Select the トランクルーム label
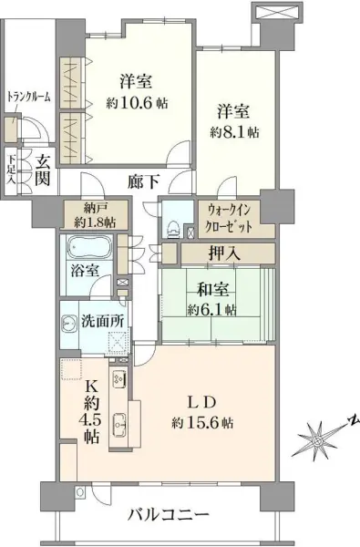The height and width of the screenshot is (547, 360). coord(28,97)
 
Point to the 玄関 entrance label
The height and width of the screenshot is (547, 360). coord(42,170)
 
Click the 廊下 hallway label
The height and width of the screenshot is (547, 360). coord(141,181)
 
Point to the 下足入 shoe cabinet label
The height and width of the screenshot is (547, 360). coord(11,168)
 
